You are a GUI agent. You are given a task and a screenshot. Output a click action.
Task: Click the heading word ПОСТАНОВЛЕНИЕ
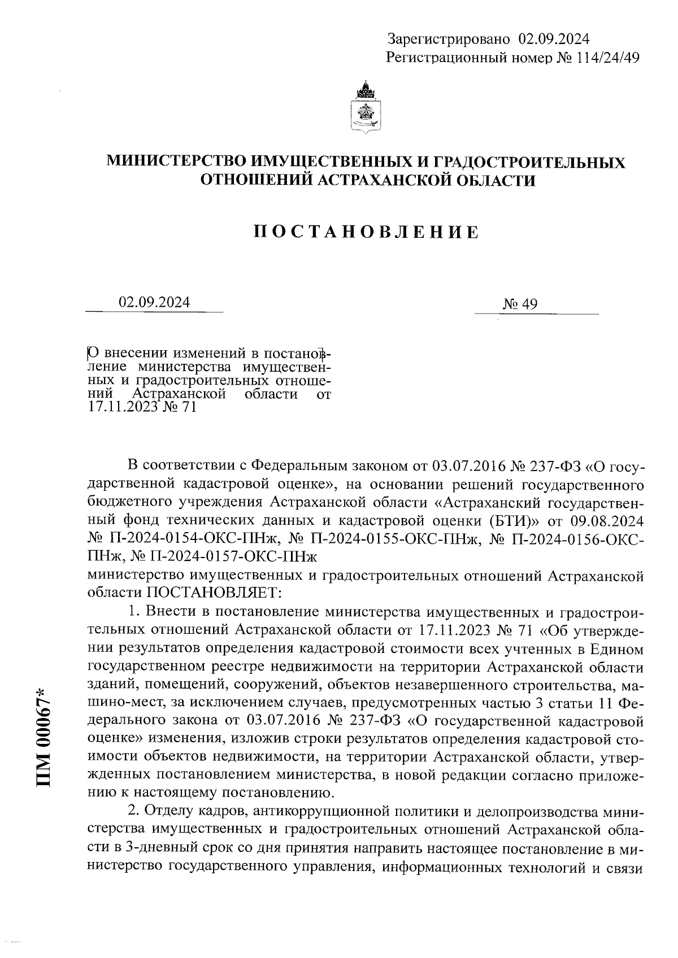point(366,232)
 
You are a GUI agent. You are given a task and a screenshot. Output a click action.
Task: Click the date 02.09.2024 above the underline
point(154,302)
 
